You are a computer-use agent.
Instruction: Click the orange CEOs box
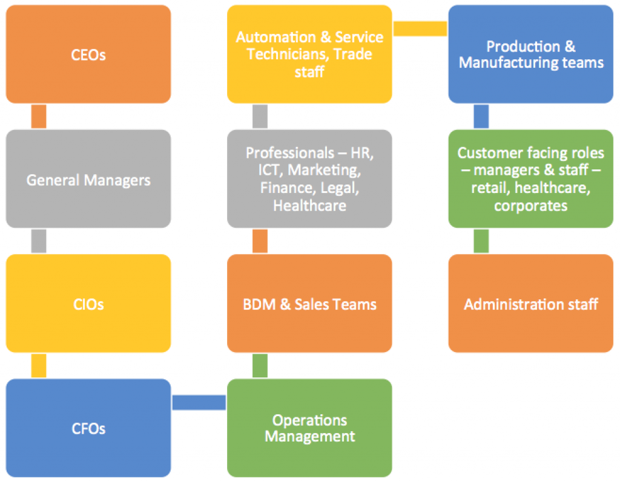[88, 54]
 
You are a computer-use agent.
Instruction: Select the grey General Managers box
[88, 179]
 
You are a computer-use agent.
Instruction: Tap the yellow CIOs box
[88, 304]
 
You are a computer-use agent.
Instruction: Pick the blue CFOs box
[88, 428]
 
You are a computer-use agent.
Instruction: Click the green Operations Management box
[309, 428]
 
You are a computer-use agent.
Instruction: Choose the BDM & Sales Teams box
[309, 304]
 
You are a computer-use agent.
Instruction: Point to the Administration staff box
[530, 304]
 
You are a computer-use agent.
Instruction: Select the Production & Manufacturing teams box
[530, 54]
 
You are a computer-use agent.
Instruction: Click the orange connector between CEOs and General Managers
[39, 116]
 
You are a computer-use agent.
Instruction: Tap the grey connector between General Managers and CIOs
[39, 241]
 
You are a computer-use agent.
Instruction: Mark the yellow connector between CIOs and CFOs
[39, 365]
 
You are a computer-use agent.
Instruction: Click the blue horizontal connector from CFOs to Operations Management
[199, 402]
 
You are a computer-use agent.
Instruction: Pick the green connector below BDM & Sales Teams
[260, 365]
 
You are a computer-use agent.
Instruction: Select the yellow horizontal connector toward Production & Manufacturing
[420, 28]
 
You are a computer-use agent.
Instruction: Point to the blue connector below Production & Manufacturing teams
[481, 116]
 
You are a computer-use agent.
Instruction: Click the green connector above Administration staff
[481, 241]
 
